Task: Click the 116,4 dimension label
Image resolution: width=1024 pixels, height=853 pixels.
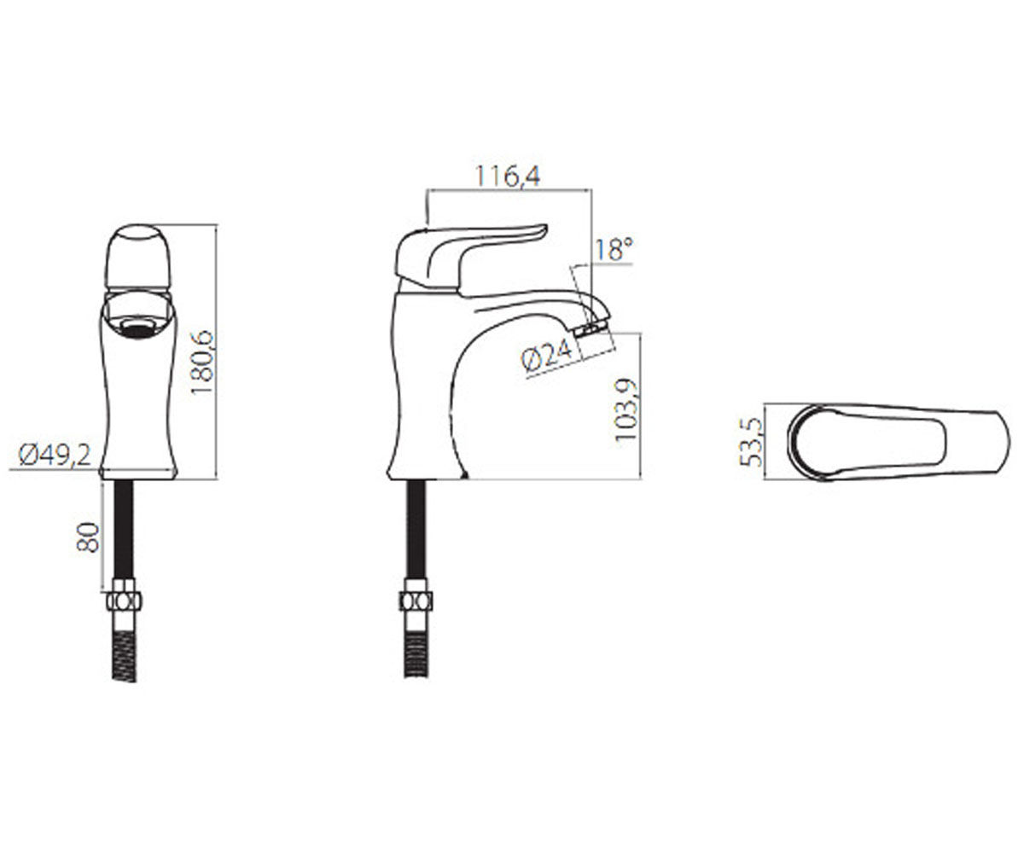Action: click(x=508, y=177)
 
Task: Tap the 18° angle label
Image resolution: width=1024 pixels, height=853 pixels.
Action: click(x=613, y=249)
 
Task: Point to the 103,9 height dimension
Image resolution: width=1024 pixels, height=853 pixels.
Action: click(x=625, y=410)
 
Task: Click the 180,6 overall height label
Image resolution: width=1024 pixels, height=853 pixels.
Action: click(x=202, y=363)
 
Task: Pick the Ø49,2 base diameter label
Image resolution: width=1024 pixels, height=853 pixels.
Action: click(x=55, y=456)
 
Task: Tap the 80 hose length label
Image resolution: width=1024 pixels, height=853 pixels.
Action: click(x=88, y=537)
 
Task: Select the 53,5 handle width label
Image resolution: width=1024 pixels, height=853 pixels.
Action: click(x=751, y=442)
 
